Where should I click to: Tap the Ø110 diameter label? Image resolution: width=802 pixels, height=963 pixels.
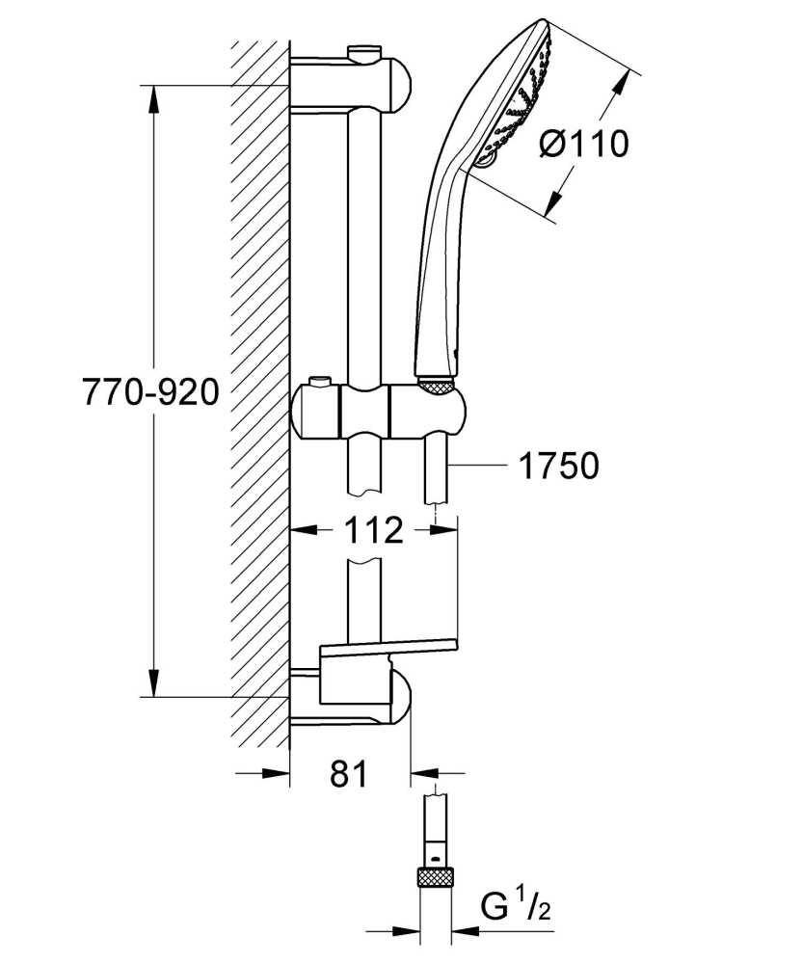583,144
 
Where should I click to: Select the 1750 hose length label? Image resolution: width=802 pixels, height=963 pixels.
558,466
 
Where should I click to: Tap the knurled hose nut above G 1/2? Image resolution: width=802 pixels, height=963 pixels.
436,878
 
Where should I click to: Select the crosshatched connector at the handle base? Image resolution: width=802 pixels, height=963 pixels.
437,385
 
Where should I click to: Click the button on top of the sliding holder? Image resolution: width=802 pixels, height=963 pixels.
319,386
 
